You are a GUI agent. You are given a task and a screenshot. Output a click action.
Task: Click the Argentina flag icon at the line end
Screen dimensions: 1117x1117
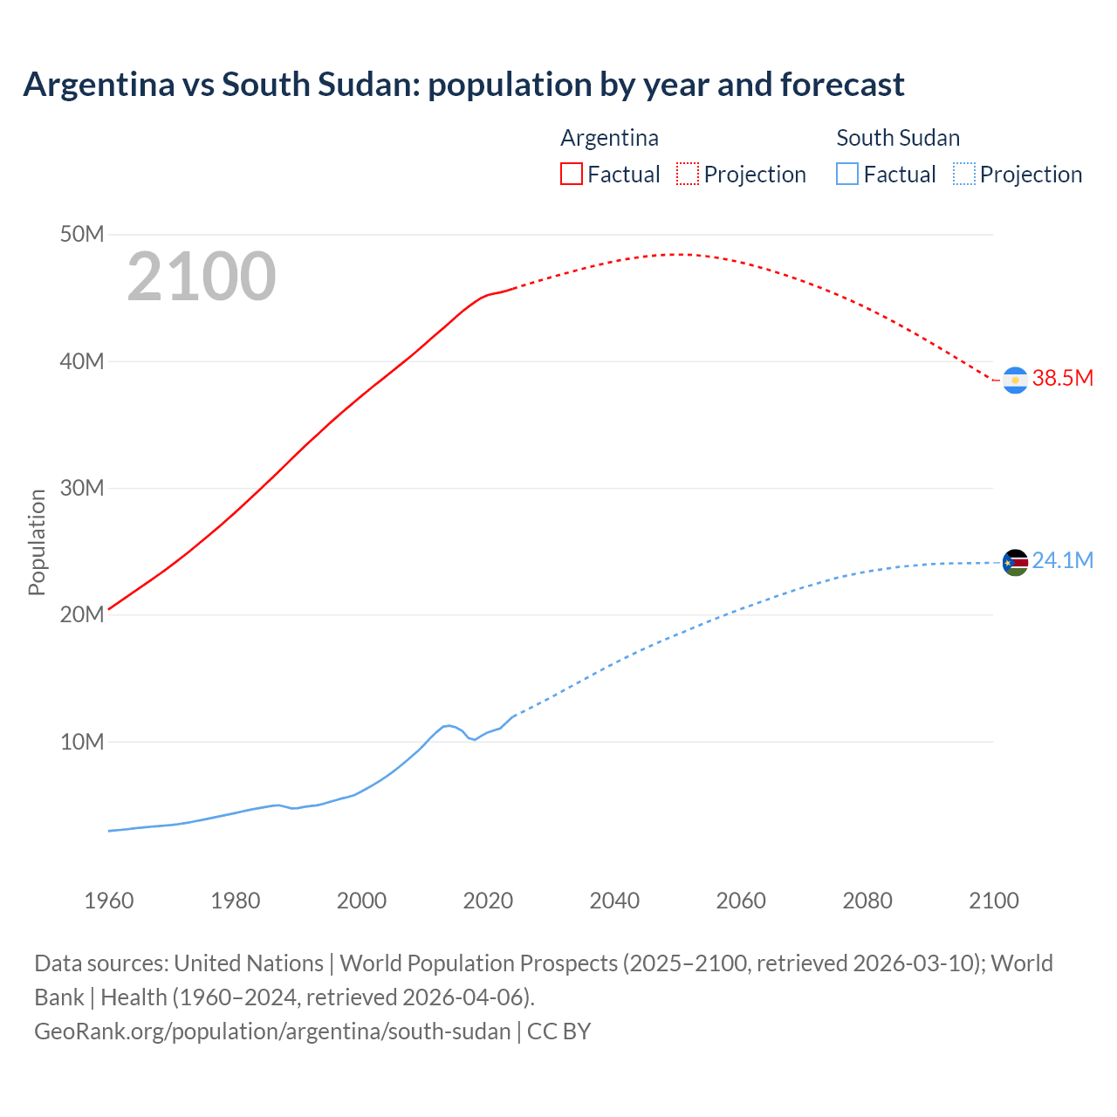(1015, 380)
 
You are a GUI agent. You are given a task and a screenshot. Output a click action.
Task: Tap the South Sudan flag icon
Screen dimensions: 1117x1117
(1015, 563)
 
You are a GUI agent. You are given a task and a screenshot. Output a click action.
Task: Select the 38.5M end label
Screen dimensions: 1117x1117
(1062, 378)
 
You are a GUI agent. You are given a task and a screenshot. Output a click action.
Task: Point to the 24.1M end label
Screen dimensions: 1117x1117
(1062, 560)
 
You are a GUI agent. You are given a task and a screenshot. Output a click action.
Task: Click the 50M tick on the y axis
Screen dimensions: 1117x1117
(82, 235)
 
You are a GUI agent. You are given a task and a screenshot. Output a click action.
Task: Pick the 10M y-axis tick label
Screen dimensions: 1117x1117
(82, 742)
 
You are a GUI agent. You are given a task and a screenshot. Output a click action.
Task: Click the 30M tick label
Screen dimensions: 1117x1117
(82, 488)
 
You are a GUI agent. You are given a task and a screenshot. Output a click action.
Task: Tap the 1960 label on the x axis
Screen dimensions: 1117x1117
(109, 901)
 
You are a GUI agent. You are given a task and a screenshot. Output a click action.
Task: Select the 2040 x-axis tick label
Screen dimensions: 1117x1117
(614, 901)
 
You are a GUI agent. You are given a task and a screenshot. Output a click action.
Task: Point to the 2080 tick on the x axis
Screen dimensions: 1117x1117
(867, 901)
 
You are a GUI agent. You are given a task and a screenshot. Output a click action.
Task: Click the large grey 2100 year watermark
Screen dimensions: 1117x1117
(202, 277)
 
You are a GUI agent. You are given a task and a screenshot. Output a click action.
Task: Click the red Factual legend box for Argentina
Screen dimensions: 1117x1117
(571, 175)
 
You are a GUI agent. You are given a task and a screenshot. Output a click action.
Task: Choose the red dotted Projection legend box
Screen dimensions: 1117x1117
(688, 175)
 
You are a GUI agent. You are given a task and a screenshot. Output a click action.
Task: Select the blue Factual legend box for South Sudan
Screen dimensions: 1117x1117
(847, 175)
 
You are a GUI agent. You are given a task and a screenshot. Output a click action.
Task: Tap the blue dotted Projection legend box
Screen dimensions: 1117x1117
(964, 175)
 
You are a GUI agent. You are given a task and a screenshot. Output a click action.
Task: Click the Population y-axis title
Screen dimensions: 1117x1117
(37, 542)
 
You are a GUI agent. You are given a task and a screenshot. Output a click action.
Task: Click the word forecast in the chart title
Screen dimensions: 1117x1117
(842, 85)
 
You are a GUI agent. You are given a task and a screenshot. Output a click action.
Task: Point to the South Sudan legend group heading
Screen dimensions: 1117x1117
(898, 138)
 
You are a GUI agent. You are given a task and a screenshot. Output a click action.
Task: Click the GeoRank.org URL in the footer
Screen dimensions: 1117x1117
(272, 1031)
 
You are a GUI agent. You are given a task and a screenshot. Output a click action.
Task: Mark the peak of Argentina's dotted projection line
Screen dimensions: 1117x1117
(678, 254)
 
